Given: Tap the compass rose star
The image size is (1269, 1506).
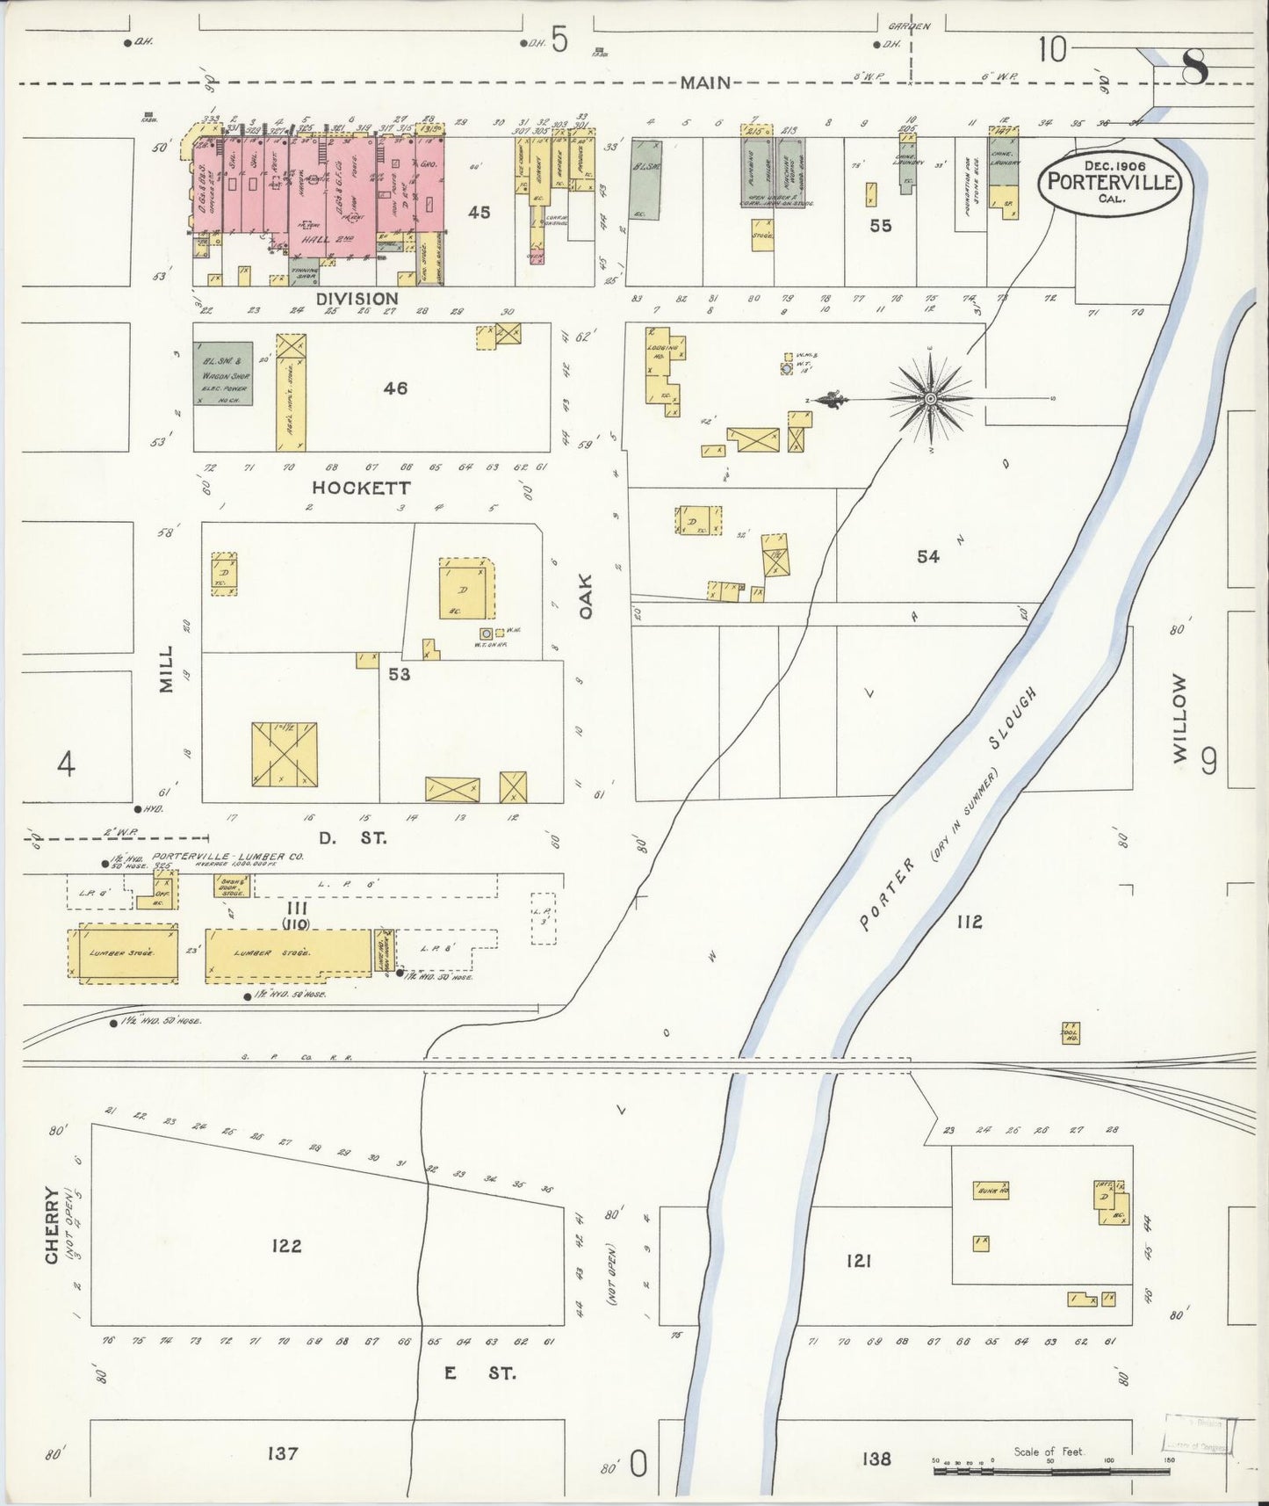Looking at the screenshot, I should tap(930, 400).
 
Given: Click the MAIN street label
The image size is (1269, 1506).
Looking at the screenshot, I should tap(705, 83).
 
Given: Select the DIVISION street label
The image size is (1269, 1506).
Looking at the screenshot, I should tap(357, 299).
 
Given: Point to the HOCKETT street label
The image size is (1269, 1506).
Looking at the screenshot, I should tap(361, 488).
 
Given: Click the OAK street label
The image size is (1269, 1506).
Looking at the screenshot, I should tap(586, 597).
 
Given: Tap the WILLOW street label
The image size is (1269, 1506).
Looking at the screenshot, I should tap(1179, 718).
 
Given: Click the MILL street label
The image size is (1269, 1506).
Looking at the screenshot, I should tap(167, 669).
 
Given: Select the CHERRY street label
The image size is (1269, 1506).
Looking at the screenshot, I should tap(52, 1225).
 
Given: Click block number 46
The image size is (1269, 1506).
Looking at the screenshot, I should tap(395, 387).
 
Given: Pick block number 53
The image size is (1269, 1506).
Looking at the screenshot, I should tap(400, 674).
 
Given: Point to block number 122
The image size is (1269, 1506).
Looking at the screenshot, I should tap(286, 1245).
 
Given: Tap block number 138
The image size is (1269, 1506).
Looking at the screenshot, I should tap(876, 1459).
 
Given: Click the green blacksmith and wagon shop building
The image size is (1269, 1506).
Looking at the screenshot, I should tap(223, 373).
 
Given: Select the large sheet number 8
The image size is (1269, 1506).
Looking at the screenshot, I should tap(1193, 66).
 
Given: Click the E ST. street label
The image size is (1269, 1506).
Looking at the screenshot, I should tap(479, 1372).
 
